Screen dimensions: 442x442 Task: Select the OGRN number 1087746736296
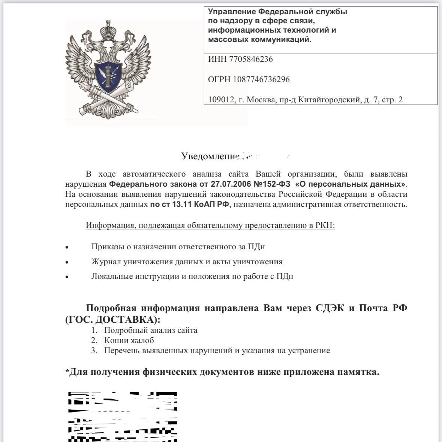(261, 79)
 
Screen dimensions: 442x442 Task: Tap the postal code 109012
(221, 100)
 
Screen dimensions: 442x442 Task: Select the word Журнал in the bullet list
(106, 262)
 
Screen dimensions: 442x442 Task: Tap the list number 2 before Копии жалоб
(94, 340)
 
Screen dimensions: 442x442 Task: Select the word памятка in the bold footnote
(358, 372)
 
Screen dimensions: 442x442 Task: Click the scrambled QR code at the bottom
(122, 416)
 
